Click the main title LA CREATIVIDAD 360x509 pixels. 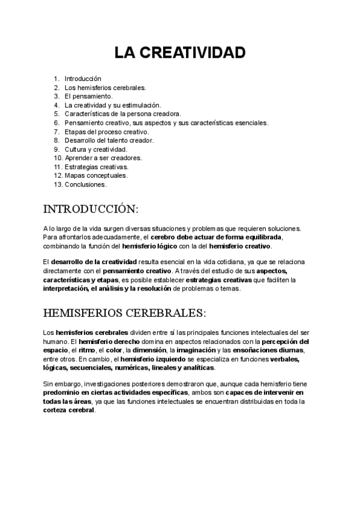click(180, 53)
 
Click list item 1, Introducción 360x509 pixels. click(83, 78)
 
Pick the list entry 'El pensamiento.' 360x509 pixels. click(88, 96)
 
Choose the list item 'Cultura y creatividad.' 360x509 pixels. click(96, 149)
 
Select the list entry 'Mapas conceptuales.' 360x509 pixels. click(95, 175)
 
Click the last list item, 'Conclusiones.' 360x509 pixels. click(85, 184)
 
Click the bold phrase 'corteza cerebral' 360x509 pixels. click(69, 411)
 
